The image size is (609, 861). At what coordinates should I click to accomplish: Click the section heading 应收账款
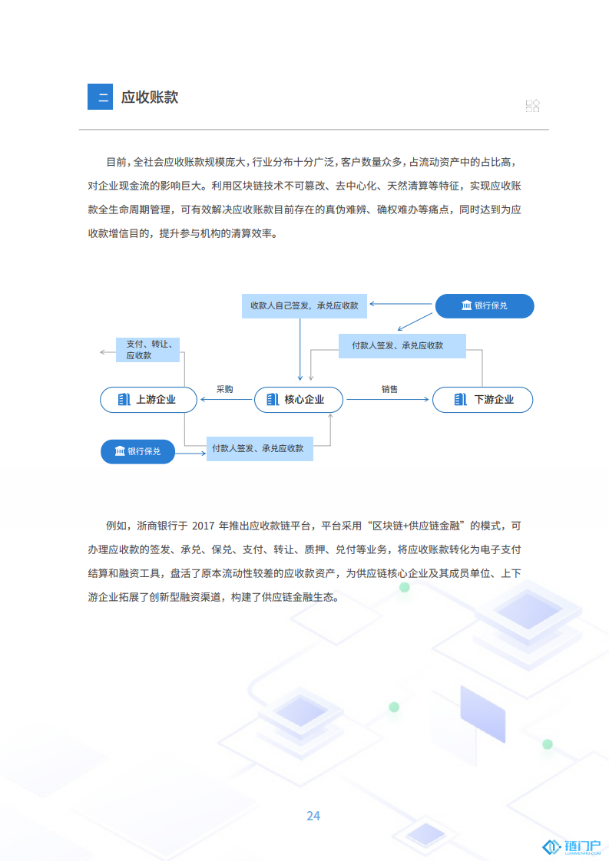click(150, 97)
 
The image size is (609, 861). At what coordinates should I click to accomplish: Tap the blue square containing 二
click(100, 97)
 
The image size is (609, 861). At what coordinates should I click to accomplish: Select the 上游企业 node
click(148, 400)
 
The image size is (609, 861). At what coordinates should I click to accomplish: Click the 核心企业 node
click(299, 400)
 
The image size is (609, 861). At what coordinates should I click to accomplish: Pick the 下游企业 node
click(482, 400)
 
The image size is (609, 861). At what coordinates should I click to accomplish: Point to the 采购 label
click(225, 389)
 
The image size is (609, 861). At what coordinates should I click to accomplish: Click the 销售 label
click(389, 389)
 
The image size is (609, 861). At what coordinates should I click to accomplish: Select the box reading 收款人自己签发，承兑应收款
click(304, 306)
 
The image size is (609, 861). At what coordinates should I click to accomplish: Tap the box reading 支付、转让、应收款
click(148, 350)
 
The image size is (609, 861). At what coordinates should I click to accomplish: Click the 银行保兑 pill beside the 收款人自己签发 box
click(485, 306)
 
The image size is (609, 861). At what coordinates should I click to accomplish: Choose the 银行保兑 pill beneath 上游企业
click(138, 451)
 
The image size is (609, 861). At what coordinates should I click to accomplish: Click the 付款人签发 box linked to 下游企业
click(402, 346)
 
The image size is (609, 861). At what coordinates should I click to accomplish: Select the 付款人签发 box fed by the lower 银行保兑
click(260, 449)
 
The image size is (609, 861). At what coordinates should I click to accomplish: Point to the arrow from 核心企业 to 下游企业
click(388, 400)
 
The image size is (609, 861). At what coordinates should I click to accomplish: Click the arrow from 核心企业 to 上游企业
click(226, 400)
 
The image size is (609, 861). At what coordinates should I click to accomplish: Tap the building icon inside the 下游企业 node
click(461, 400)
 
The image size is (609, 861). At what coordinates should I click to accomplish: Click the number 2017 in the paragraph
click(203, 526)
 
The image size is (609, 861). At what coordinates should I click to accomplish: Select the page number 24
click(313, 816)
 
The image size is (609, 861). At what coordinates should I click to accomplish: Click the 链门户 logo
click(571, 847)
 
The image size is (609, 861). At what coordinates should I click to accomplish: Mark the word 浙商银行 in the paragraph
click(157, 526)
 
